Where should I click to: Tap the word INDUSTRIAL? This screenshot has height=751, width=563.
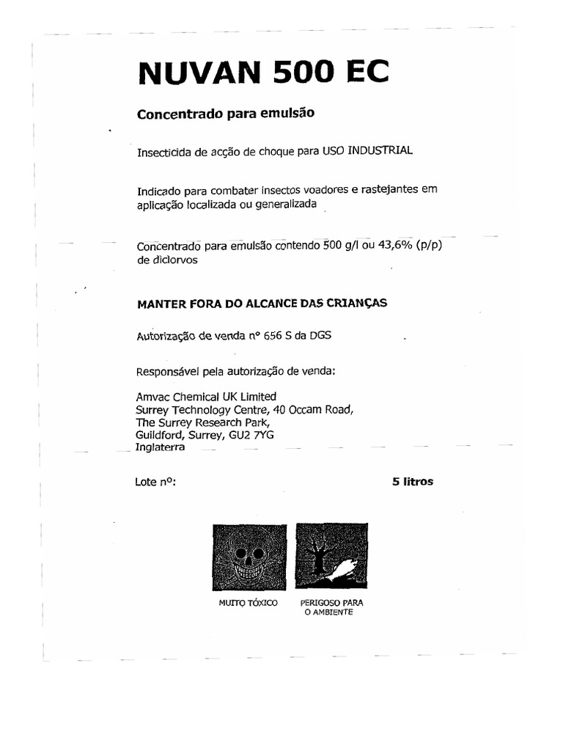[380, 150]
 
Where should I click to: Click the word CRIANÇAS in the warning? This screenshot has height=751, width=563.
[358, 302]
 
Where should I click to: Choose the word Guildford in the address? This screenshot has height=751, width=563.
[160, 434]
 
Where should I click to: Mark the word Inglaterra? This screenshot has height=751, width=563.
[161, 447]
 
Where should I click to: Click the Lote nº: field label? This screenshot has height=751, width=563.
[155, 483]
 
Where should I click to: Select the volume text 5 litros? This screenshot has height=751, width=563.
[413, 482]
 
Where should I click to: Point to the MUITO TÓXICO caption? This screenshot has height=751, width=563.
[248, 603]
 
